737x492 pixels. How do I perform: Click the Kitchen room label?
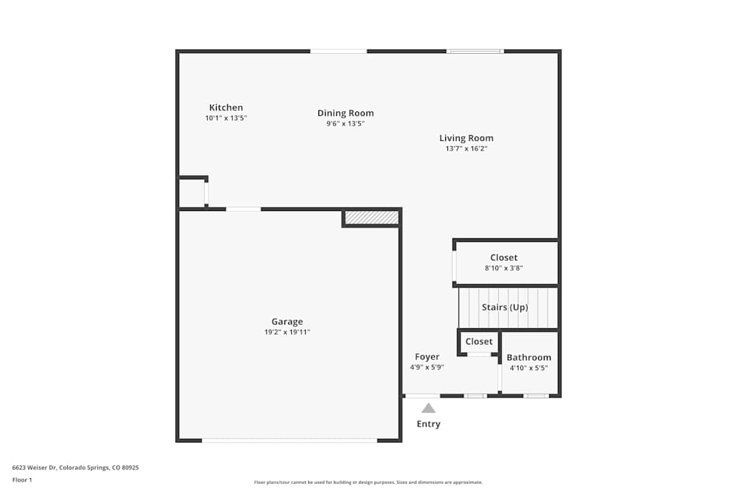click(x=226, y=108)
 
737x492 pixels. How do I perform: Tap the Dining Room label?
click(x=346, y=113)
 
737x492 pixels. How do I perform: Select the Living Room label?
click(x=467, y=138)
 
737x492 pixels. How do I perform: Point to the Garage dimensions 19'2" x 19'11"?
click(x=287, y=333)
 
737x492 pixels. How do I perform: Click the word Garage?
click(x=287, y=322)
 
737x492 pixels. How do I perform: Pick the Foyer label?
click(x=427, y=357)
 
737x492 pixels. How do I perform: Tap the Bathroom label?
click(x=528, y=358)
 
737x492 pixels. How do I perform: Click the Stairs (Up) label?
click(x=505, y=307)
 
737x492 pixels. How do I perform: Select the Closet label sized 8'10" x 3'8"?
click(x=504, y=258)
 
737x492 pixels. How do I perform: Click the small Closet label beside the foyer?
click(x=479, y=342)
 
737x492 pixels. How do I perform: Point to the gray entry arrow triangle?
click(x=428, y=407)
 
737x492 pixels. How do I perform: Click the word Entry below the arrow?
click(x=428, y=424)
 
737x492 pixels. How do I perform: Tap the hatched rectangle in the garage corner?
click(x=371, y=218)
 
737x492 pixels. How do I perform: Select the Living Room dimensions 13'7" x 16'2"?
click(x=467, y=149)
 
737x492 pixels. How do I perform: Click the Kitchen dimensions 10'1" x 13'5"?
click(x=226, y=118)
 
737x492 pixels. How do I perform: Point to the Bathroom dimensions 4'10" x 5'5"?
click(x=528, y=368)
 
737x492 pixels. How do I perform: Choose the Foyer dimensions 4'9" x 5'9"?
click(x=427, y=367)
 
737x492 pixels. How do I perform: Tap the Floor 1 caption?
click(x=22, y=479)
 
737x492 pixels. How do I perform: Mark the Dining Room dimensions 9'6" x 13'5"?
click(x=346, y=124)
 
